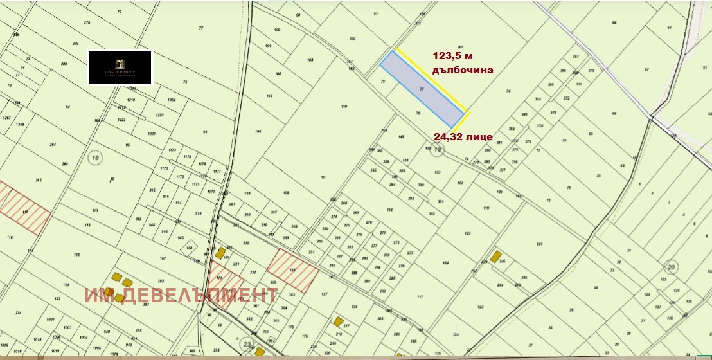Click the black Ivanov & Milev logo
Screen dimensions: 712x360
point(120,67)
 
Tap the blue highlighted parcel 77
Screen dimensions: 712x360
point(421,89)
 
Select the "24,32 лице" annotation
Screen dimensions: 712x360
point(463,137)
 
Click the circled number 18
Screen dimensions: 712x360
point(96,158)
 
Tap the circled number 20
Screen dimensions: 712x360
point(672,266)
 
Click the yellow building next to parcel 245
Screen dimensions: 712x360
point(495,256)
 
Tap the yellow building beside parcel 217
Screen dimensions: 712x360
point(337,321)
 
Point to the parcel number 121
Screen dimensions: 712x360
point(540,244)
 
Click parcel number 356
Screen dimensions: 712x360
point(352,39)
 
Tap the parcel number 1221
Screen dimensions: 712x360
point(152,133)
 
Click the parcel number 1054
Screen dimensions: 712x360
point(172,100)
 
